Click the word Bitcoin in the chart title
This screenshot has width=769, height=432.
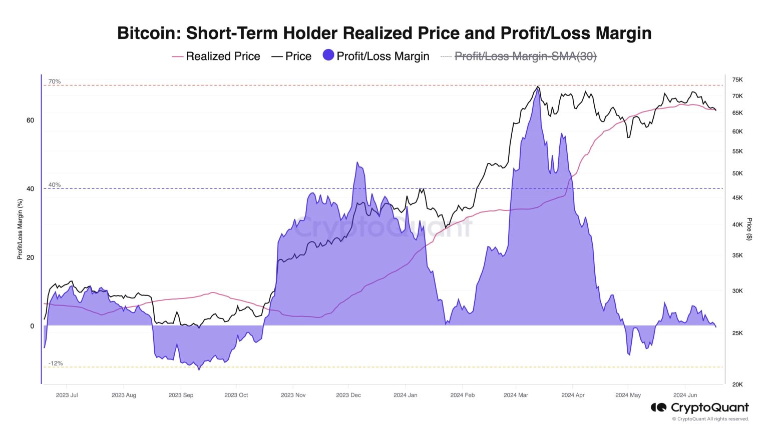(149, 33)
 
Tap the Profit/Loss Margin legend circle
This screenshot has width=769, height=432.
(328, 55)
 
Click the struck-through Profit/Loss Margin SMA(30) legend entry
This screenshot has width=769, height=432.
(525, 56)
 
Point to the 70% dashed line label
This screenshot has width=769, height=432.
(55, 81)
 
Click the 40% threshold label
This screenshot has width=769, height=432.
(55, 185)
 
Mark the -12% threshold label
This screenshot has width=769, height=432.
(56, 363)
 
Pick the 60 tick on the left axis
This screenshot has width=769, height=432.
(31, 120)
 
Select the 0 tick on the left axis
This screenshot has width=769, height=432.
(32, 326)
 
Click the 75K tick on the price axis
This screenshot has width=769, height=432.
(737, 80)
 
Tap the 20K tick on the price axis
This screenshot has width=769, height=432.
(737, 384)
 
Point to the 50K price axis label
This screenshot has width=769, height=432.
(737, 173)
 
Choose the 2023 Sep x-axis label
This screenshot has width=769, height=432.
(181, 395)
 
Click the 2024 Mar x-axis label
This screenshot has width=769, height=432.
(516, 395)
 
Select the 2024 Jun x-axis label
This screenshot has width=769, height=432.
(685, 395)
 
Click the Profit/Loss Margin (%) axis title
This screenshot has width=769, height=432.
(20, 229)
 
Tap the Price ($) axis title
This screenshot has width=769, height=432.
(749, 229)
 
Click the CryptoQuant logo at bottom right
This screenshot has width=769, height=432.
(699, 407)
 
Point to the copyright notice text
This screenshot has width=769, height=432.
(710, 419)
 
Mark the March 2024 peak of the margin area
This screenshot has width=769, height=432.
(537, 88)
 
